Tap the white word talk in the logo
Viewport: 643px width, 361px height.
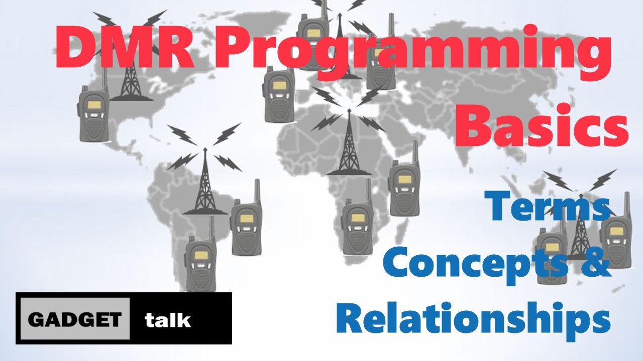(x=168, y=319)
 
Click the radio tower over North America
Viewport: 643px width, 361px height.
(x=130, y=75)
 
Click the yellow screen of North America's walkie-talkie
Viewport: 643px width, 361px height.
(x=94, y=105)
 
